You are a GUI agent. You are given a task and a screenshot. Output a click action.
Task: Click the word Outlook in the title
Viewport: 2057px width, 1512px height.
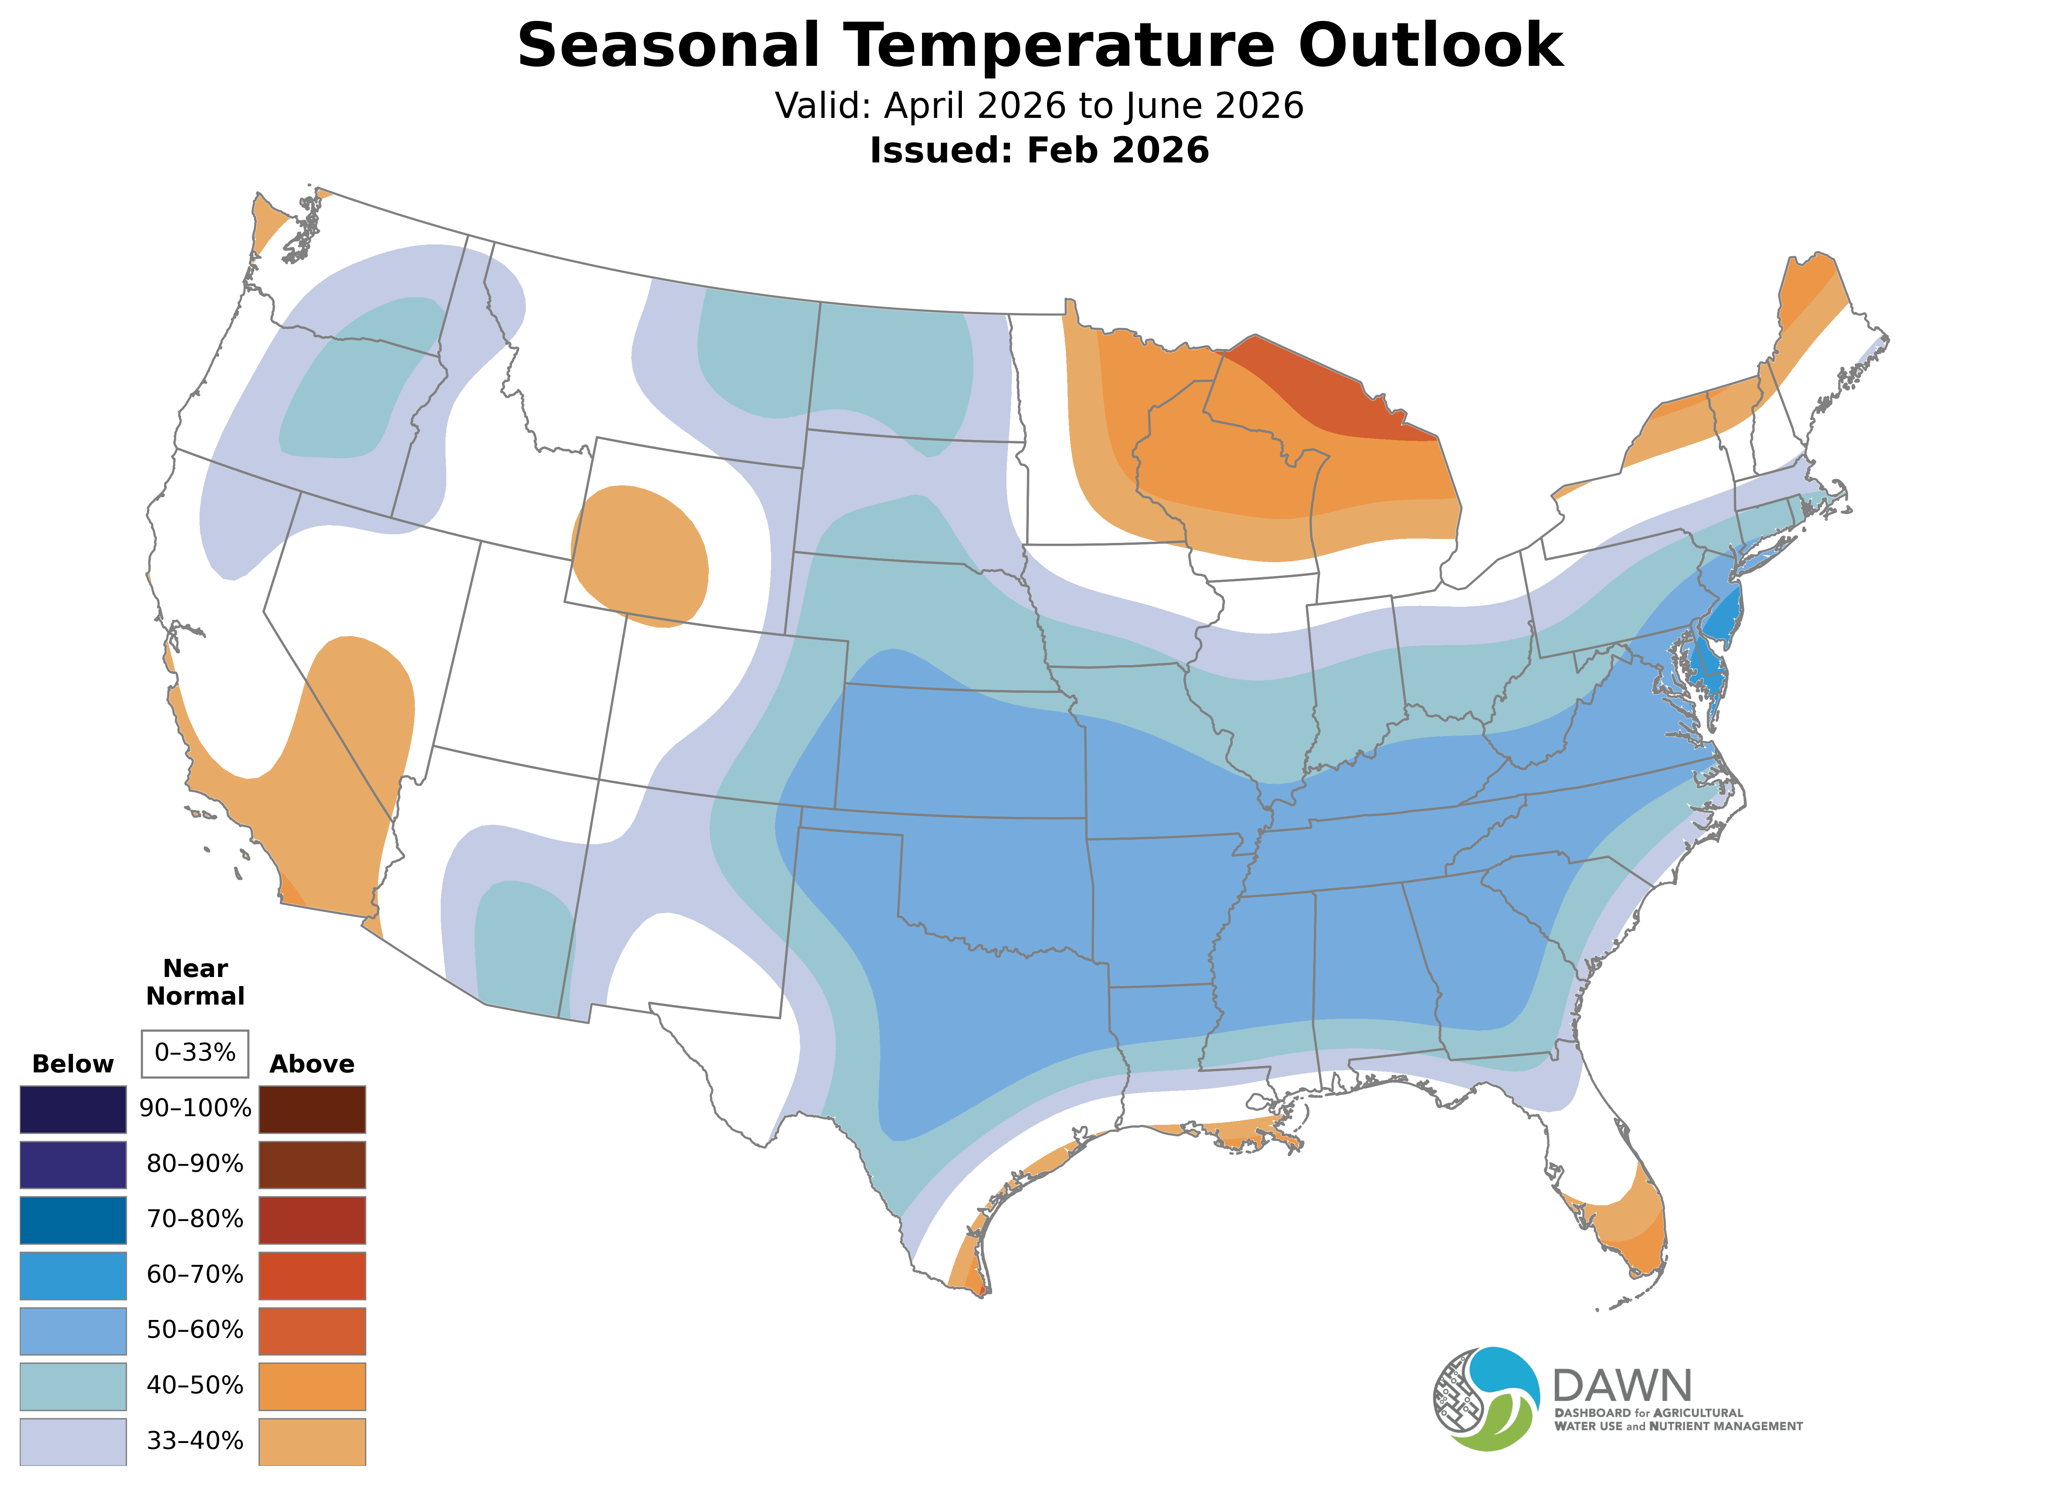pyautogui.click(x=1430, y=46)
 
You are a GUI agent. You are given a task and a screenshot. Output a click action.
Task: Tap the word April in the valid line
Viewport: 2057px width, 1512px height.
pyautogui.click(x=926, y=106)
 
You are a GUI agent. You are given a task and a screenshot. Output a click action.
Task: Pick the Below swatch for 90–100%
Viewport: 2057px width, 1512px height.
pyautogui.click(x=73, y=1109)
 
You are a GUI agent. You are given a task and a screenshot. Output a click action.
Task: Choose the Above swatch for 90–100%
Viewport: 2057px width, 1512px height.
pyautogui.click(x=312, y=1109)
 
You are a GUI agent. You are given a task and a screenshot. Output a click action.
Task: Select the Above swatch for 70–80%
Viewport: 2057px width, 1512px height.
pyautogui.click(x=312, y=1220)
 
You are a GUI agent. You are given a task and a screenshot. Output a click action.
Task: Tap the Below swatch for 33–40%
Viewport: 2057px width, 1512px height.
pyautogui.click(x=73, y=1441)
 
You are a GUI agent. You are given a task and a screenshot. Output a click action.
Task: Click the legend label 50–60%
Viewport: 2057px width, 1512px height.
pyautogui.click(x=195, y=1330)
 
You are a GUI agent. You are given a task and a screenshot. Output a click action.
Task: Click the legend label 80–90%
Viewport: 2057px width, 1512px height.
pyautogui.click(x=195, y=1164)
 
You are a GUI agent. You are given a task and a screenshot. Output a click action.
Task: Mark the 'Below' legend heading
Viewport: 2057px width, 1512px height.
pyautogui.click(x=73, y=1065)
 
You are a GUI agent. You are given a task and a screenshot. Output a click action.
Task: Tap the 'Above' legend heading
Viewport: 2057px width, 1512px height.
pyautogui.click(x=312, y=1065)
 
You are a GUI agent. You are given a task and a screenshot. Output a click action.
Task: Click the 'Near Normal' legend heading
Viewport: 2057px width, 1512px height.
pyautogui.click(x=195, y=982)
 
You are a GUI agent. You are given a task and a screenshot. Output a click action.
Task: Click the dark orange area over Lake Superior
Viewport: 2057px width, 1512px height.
pyautogui.click(x=1327, y=389)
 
